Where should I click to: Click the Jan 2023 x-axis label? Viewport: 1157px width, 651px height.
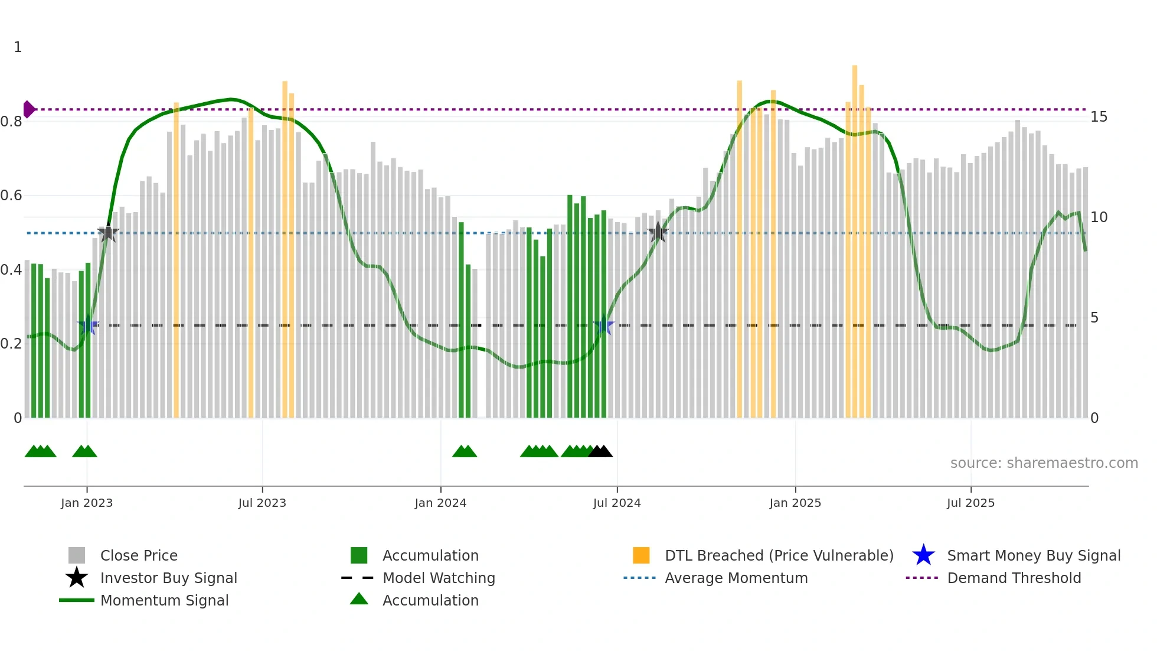86,503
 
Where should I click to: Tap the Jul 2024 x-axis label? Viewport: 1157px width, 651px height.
617,503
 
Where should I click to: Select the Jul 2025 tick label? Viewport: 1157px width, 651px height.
970,503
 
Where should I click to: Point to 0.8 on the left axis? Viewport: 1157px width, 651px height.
11,122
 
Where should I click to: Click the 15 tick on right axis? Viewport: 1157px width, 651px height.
1099,117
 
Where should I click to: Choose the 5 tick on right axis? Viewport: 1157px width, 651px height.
1094,318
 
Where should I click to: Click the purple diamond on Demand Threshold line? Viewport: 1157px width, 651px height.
28,109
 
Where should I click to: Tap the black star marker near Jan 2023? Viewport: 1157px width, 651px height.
107,233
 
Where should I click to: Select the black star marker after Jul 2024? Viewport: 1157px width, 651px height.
658,232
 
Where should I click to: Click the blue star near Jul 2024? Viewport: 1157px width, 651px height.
603,325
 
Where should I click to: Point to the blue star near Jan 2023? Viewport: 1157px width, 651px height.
88,325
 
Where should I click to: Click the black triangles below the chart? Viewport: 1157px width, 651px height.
600,451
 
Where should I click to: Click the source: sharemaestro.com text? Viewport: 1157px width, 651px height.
1044,463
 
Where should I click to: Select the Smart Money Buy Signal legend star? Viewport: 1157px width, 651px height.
923,555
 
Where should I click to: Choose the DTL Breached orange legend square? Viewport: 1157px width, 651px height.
641,555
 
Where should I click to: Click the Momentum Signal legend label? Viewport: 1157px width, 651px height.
164,600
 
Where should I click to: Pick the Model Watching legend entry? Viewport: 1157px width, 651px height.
438,578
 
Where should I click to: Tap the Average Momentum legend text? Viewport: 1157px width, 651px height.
736,578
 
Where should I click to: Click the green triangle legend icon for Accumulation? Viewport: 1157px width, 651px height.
359,599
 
